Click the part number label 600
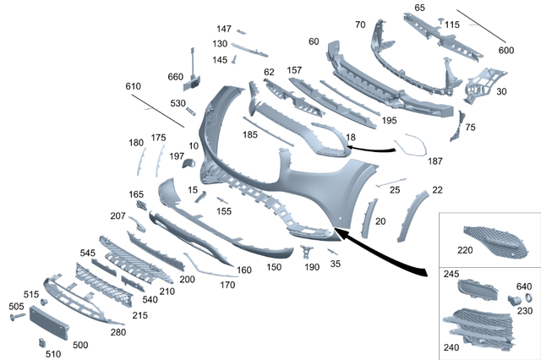coord(505,50)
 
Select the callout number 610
coord(133,87)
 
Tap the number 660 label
coord(176,77)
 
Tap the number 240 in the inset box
coord(451,346)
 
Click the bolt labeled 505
coord(19,319)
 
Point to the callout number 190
coord(312,267)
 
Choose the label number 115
coord(451,25)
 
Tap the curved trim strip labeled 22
coord(410,216)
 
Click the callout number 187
coord(435,161)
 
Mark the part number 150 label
coord(274,267)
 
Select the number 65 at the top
coord(420,8)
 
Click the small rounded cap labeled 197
coord(188,161)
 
